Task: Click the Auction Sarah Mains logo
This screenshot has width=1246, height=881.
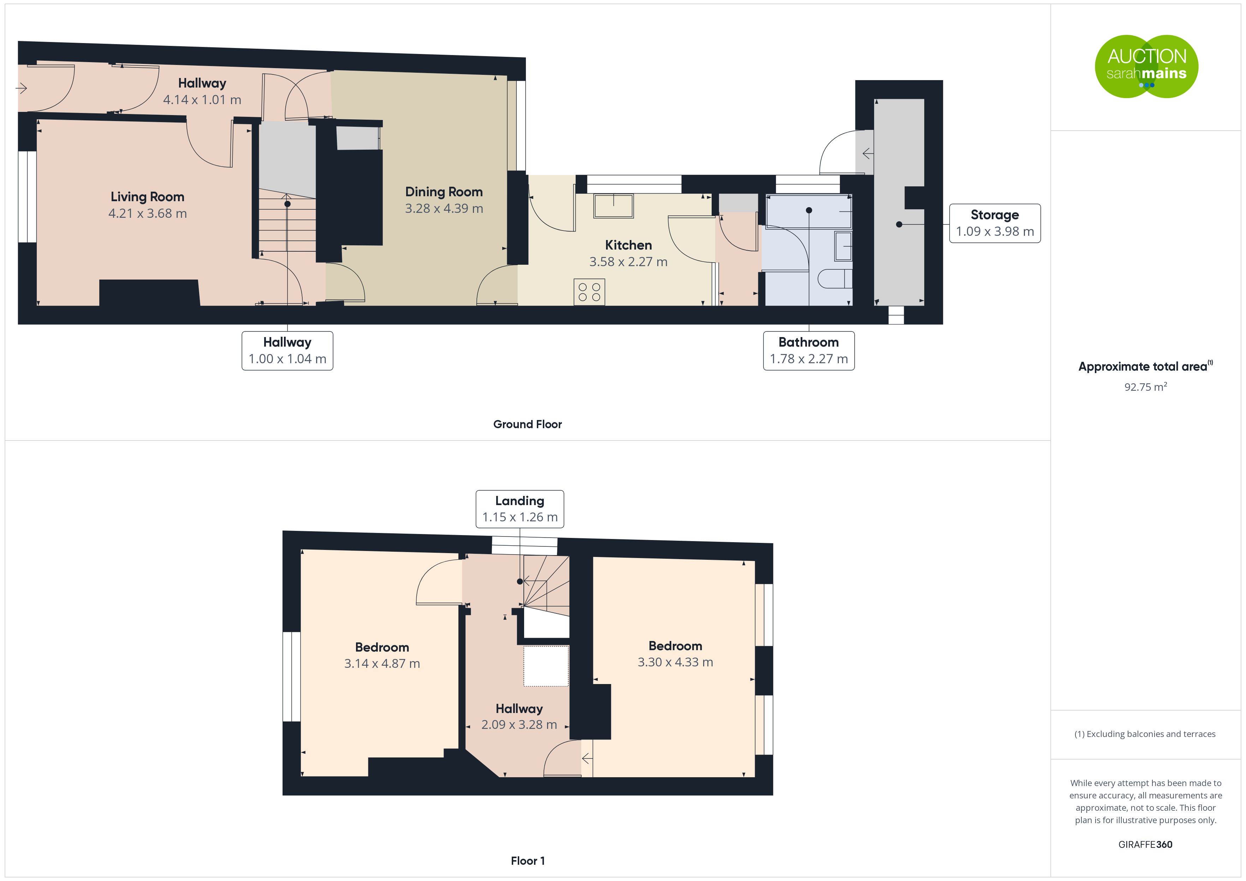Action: pos(1146,67)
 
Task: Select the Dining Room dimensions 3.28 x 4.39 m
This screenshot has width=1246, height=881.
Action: pos(444,208)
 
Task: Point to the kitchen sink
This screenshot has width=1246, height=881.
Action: pos(614,206)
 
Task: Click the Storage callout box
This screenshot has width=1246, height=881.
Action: pos(995,223)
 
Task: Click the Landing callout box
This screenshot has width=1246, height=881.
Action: pos(520,509)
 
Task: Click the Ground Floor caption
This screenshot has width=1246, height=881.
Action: pos(528,424)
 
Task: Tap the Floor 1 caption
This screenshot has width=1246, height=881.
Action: pos(528,861)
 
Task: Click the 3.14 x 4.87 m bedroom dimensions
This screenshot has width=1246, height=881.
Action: pos(382,664)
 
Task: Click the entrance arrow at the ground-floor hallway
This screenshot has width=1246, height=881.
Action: pos(21,88)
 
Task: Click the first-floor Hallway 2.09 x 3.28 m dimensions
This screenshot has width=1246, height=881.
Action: pos(520,725)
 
